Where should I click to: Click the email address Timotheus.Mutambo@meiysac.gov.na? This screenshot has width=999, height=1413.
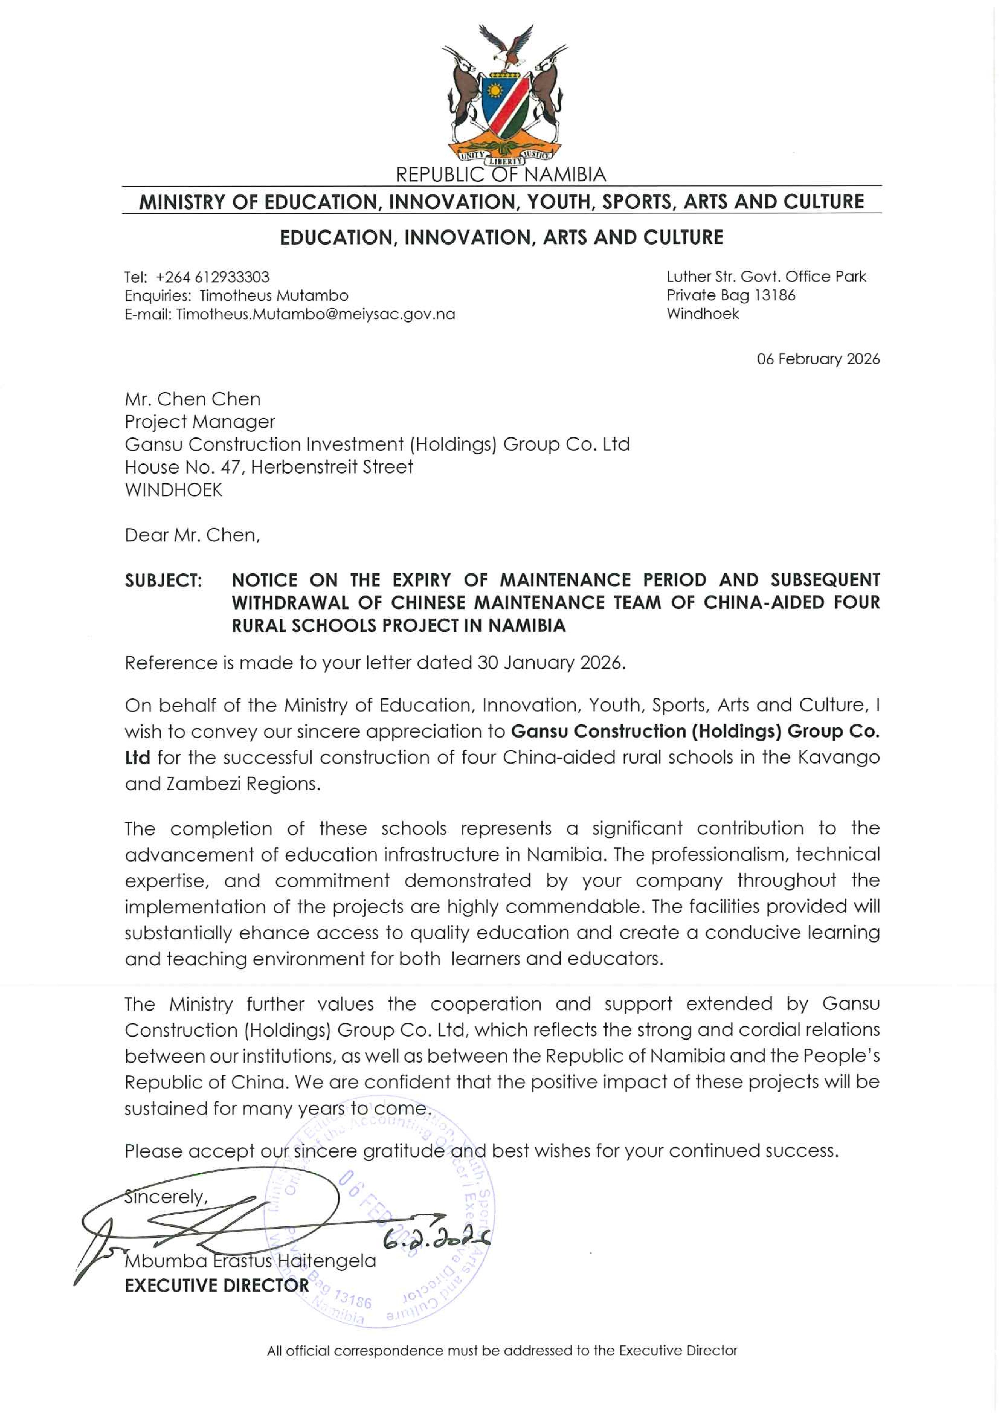[x=315, y=314]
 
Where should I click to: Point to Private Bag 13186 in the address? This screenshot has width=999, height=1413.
[x=731, y=295]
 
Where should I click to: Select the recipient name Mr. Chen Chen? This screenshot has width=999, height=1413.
[x=193, y=399]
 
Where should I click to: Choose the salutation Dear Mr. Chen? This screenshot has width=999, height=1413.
[x=192, y=535]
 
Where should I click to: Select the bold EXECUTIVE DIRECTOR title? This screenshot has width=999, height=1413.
[x=217, y=1286]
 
